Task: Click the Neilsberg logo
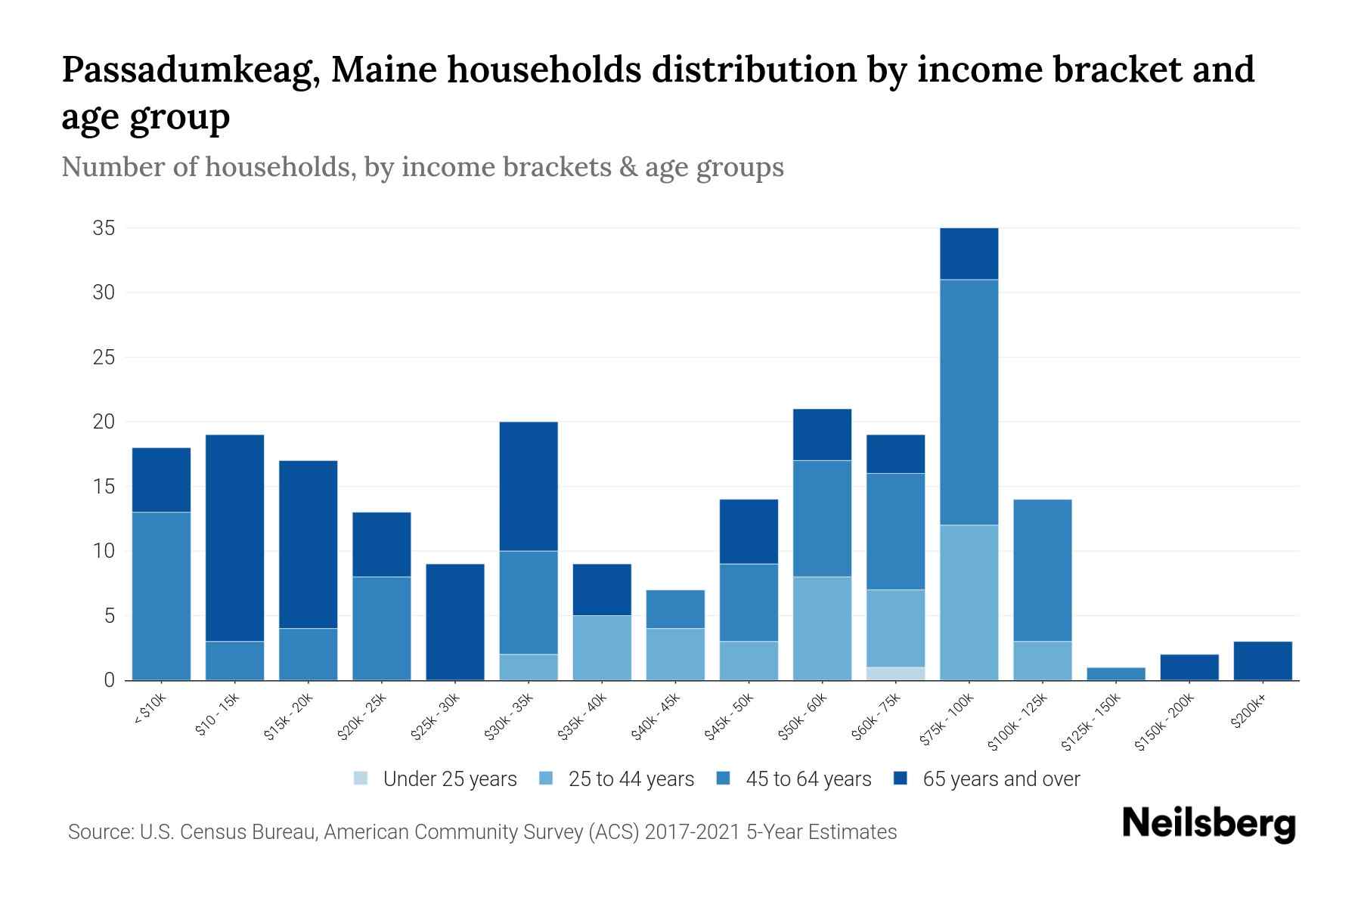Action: [x=1208, y=824]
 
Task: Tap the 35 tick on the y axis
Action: [x=104, y=228]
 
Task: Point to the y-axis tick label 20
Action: [x=104, y=422]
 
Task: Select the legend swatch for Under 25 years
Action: [x=361, y=779]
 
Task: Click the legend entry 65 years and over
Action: [x=1001, y=779]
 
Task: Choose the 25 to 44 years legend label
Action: [x=631, y=779]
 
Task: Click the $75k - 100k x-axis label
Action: [x=947, y=721]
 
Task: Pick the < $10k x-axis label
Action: [x=149, y=710]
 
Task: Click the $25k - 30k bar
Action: [x=455, y=622]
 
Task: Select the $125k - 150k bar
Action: [x=1116, y=673]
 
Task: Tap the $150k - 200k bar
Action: [x=1189, y=667]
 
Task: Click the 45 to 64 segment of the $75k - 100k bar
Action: [x=969, y=402]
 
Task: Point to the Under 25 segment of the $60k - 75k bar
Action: [x=896, y=673]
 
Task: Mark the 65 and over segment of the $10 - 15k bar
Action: [x=235, y=538]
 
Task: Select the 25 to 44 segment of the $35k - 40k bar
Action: [x=602, y=648]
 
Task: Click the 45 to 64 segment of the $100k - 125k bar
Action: [x=1043, y=571]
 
